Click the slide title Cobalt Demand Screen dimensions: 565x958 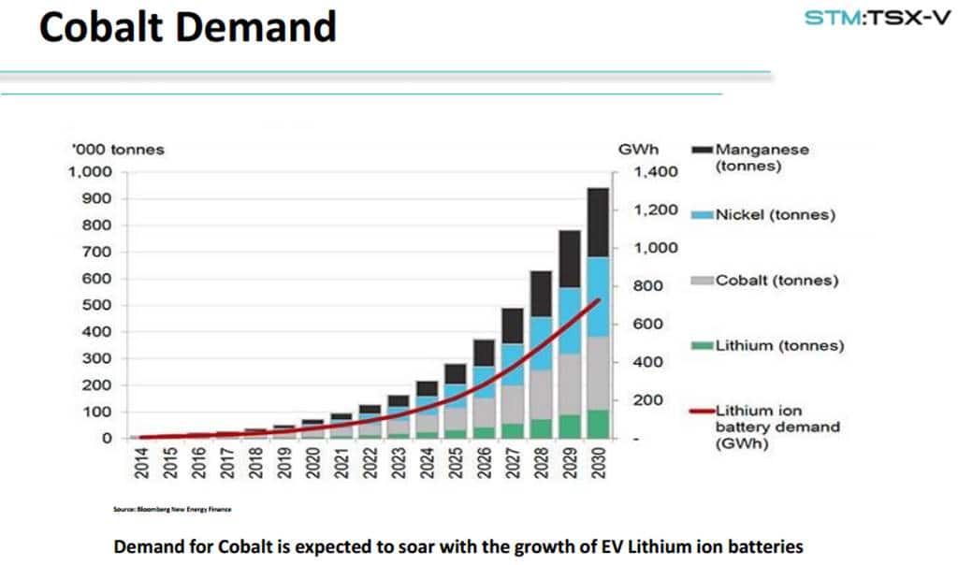(x=187, y=27)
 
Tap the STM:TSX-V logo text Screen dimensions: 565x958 (x=877, y=18)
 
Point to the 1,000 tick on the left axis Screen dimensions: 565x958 (x=90, y=172)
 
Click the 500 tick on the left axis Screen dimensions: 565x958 (x=96, y=305)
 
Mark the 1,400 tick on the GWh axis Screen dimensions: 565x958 (x=655, y=172)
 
